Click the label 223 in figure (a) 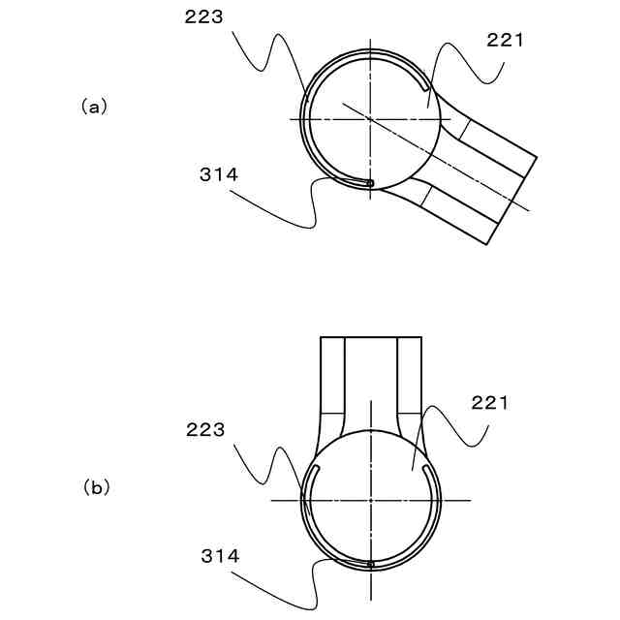(204, 17)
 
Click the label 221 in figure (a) (505, 41)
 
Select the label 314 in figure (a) (219, 174)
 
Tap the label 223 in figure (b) (205, 430)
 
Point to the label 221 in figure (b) (490, 403)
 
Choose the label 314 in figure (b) (220, 556)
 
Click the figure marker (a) (94, 108)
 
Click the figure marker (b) (96, 488)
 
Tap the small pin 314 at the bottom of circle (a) (370, 183)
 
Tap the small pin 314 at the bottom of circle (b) (370, 564)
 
